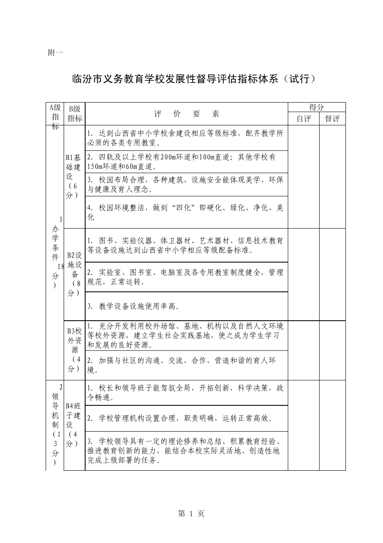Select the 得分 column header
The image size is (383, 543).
pos(316,107)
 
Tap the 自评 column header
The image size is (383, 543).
pos(304,119)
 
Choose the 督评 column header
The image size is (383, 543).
pos(332,119)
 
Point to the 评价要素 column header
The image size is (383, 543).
pos(187,114)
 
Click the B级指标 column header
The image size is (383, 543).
pos(75,113)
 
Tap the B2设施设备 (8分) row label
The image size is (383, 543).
pos(75,274)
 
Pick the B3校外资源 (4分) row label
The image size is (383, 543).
pos(75,350)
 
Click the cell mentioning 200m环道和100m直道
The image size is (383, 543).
pos(187,161)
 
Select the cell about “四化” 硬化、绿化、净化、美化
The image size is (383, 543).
pos(187,212)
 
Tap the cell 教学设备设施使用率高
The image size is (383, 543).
pos(187,306)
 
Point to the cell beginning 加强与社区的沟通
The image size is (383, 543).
pos(187,365)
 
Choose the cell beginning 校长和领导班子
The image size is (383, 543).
pos(187,392)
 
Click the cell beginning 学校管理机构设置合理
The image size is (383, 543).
pos(187,418)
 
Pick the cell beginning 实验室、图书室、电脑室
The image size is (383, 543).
pos(187,277)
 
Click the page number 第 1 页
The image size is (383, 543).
pos(191,513)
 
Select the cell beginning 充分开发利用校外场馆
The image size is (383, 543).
pos(187,335)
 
